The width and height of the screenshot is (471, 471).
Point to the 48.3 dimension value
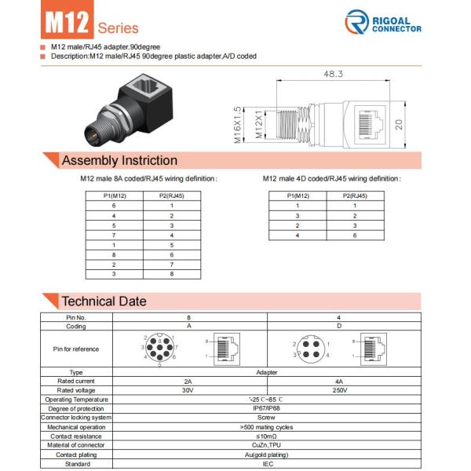(334, 75)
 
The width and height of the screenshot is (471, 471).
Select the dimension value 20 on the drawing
(399, 123)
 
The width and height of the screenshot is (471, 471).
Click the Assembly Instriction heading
(119, 161)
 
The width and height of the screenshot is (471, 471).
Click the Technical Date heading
(104, 301)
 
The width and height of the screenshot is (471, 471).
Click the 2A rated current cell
(188, 382)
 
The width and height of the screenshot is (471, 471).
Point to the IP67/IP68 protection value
(266, 408)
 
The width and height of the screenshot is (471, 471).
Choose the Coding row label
(76, 325)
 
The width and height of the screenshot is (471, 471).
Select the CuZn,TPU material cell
(266, 445)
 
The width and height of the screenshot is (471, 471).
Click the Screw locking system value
(266, 418)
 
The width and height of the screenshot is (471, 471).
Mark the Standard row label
(76, 463)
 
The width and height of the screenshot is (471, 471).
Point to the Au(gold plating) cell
(266, 454)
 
